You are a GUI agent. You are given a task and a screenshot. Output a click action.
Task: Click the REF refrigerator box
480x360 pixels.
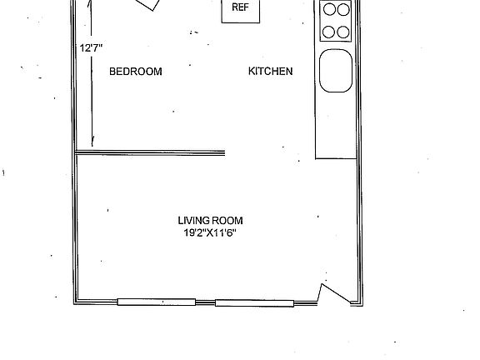coord(239,10)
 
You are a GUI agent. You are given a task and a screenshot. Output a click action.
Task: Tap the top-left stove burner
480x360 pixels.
coord(329,11)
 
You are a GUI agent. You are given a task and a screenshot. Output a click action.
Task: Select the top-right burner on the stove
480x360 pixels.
coord(343,11)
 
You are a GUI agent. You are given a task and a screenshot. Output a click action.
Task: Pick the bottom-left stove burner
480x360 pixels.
coord(329,32)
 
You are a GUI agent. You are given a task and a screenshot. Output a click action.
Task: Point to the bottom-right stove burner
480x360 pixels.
coord(343,32)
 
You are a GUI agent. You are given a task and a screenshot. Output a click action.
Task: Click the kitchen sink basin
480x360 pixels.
coord(336,71)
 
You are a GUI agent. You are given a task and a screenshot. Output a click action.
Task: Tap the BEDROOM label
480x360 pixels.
coord(136,72)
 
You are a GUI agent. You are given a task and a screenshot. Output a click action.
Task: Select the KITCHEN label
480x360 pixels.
coord(270,72)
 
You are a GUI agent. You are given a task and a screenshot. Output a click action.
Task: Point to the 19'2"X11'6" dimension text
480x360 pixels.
coord(215,233)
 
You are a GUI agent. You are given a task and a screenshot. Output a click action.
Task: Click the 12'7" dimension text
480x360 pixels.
coord(91,48)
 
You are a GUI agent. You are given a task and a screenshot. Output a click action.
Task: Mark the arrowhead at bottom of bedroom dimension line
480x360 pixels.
coord(92,142)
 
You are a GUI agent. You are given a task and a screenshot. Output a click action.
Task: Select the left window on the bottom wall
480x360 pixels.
coord(156,302)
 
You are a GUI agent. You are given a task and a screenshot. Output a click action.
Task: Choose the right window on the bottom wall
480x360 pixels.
coord(254,302)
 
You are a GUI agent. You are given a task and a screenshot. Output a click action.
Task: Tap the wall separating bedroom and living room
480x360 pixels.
coord(150,152)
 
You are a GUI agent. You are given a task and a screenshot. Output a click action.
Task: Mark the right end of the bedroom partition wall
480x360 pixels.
coord(224,152)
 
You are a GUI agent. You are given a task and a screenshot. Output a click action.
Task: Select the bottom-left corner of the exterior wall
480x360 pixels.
coord(76,302)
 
